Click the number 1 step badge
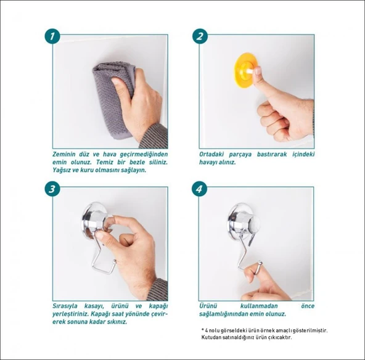52,36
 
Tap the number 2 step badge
200,36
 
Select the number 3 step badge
52,189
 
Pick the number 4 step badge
200,189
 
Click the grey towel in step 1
112,98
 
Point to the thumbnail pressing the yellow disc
258,70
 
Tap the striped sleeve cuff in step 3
158,290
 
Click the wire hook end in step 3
114,264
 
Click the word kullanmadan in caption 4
259,306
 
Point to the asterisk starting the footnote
203,330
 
